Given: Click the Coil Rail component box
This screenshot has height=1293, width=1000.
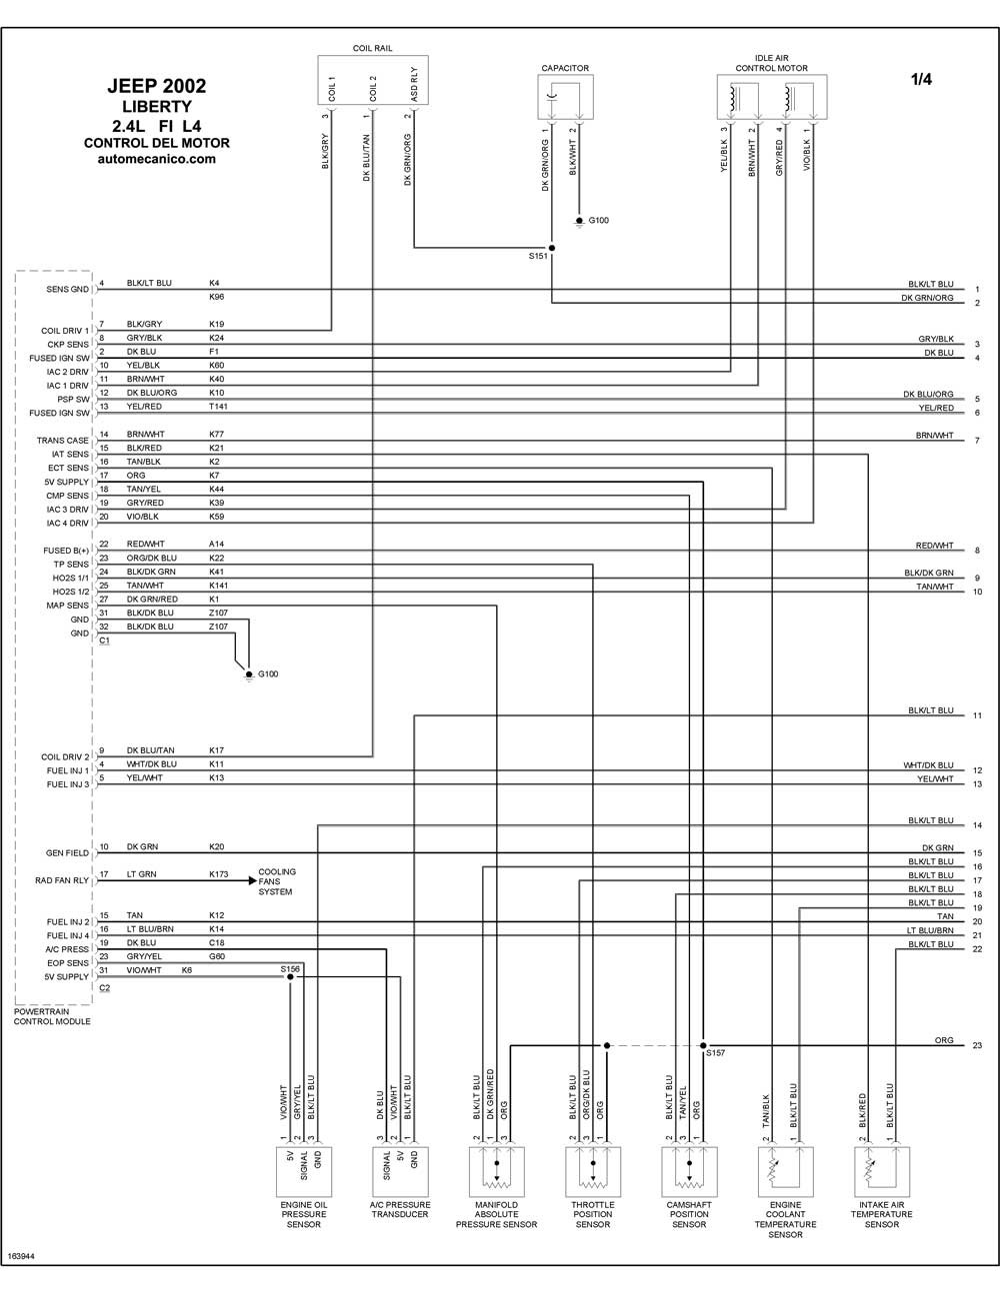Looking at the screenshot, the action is click(x=373, y=80).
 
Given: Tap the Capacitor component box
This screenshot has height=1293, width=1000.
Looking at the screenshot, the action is click(x=565, y=96).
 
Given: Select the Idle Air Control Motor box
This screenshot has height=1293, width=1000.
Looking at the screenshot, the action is click(x=771, y=96).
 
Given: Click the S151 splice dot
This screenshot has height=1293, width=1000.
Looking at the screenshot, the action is click(x=552, y=248).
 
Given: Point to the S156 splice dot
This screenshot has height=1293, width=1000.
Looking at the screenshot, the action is click(x=290, y=976).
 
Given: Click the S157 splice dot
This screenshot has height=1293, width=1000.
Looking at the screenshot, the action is click(x=703, y=1045).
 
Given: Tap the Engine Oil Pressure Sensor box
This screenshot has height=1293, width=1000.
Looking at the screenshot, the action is click(x=304, y=1172).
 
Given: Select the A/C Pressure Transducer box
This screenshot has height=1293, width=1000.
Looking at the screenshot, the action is click(x=400, y=1172).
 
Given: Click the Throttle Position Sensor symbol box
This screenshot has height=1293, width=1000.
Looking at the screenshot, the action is click(x=593, y=1172).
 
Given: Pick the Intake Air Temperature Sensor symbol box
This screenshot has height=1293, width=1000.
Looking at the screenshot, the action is click(x=882, y=1172).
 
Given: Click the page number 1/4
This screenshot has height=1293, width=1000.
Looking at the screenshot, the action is click(x=921, y=79).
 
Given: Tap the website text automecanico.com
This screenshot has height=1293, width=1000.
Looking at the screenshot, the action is click(x=157, y=159).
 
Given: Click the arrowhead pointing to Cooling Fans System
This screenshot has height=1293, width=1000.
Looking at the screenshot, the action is click(x=253, y=880).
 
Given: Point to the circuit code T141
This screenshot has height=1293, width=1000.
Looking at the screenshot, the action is click(x=218, y=407).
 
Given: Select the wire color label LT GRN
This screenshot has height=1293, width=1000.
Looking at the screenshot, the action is click(x=141, y=874).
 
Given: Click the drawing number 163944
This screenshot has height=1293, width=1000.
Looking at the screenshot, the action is click(x=21, y=1256).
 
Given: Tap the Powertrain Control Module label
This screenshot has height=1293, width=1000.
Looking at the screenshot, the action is click(x=52, y=1016).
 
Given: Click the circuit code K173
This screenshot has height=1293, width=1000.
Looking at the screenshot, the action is click(x=219, y=874).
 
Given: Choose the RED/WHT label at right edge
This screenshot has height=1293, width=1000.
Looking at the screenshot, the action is click(x=935, y=545).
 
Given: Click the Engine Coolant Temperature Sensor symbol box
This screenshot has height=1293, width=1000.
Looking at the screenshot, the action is click(x=786, y=1172).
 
